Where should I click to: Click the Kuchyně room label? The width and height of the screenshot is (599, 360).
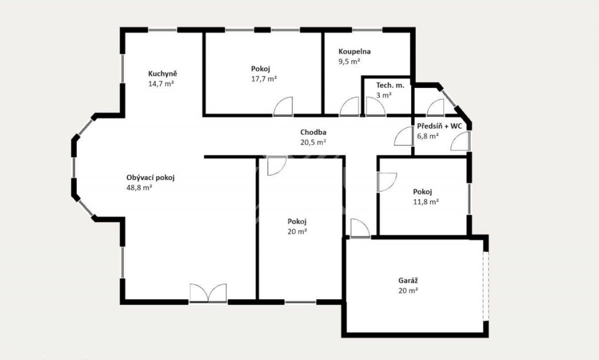coord(163,73)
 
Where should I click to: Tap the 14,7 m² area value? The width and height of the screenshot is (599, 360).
coord(161,84)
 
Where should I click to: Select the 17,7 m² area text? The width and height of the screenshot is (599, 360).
coord(264,79)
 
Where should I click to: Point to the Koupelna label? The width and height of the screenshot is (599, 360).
coord(354,51)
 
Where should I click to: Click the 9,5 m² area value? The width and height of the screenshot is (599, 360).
coord(349,61)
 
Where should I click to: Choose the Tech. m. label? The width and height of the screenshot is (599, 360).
coord(390,85)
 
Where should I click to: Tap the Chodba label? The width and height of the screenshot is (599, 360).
coord(313,132)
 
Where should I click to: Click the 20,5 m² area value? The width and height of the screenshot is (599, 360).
coord(313,142)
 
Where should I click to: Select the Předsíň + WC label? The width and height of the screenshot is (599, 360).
coord(439,126)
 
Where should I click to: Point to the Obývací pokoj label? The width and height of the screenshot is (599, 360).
coord(150,178)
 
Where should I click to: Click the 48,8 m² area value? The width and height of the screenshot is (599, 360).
coord(139,188)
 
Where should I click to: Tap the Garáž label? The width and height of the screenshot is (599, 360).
coord(408,281)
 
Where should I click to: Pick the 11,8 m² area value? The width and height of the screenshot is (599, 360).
coord(426,202)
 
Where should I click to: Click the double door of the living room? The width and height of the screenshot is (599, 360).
coord(208,293)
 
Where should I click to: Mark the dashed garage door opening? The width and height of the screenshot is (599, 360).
coord(486,286)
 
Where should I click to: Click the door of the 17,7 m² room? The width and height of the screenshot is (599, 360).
coord(283,106)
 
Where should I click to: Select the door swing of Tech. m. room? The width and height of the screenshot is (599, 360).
coord(376,106)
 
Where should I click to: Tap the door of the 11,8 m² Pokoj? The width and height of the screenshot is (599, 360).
coord(387,182)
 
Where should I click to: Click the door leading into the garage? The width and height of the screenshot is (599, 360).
coord(360,228)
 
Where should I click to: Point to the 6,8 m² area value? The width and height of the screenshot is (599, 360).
coord(428,136)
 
